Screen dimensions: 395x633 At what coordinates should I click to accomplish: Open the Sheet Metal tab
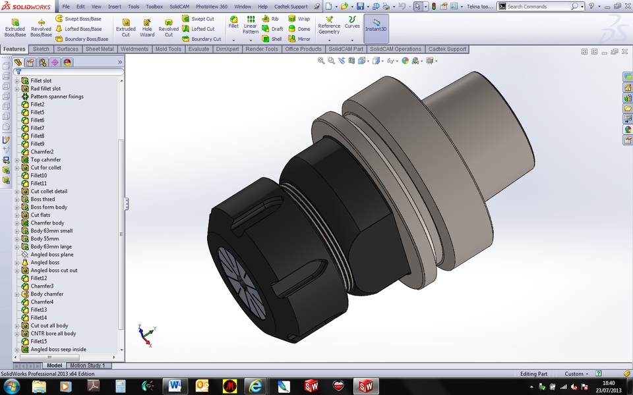click(100, 49)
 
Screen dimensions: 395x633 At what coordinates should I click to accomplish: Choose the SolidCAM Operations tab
click(396, 49)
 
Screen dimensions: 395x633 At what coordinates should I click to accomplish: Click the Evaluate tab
click(198, 49)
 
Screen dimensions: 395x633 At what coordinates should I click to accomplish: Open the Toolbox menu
click(154, 7)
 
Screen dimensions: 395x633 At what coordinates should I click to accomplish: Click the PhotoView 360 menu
click(211, 7)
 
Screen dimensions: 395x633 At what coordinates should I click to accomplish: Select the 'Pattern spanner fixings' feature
click(57, 97)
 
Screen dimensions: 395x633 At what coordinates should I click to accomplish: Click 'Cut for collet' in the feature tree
click(45, 168)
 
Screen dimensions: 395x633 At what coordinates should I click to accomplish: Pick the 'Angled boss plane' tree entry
click(51, 255)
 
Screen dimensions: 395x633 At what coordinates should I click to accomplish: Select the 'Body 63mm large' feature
click(51, 247)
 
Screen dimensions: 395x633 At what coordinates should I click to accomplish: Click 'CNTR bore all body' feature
click(53, 334)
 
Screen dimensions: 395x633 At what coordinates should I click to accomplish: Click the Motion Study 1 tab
click(86, 365)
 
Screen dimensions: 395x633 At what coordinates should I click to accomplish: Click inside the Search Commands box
click(537, 7)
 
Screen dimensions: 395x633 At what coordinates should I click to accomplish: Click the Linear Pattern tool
click(251, 27)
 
